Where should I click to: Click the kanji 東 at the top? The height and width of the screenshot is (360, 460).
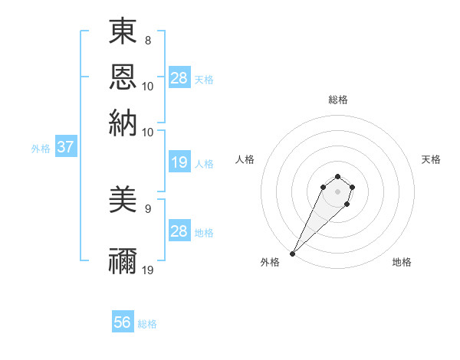tap(123, 31)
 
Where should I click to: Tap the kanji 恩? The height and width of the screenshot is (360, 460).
tap(123, 77)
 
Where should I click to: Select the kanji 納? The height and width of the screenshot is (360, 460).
tap(123, 123)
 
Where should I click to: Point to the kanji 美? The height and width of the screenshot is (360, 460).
tap(123, 201)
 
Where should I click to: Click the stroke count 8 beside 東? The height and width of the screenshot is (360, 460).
tap(147, 39)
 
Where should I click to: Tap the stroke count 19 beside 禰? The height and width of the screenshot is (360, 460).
tap(149, 270)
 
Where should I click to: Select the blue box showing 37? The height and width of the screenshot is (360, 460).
tap(65, 148)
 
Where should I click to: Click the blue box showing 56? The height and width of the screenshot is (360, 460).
tap(123, 322)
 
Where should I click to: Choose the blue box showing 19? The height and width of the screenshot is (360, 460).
tap(179, 162)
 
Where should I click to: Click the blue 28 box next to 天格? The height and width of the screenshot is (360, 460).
tap(179, 78)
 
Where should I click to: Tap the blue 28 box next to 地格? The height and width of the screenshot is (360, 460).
tap(179, 231)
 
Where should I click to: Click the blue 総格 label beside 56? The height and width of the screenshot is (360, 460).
tap(147, 324)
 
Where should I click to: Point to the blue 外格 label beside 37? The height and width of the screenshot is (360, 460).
tap(41, 149)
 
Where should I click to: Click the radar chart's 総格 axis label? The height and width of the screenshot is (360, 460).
tap(337, 100)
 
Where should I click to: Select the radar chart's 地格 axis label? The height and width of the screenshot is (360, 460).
tap(402, 262)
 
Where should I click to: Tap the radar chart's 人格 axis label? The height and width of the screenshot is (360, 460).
tap(245, 159)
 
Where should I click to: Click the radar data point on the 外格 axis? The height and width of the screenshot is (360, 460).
tap(293, 253)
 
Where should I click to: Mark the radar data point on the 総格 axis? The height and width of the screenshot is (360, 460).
tap(337, 176)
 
